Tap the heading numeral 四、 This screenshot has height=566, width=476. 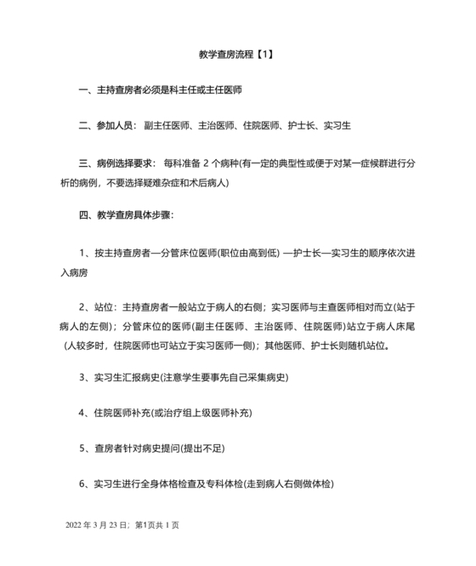(87, 215)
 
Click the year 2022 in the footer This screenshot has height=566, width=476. (76, 525)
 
